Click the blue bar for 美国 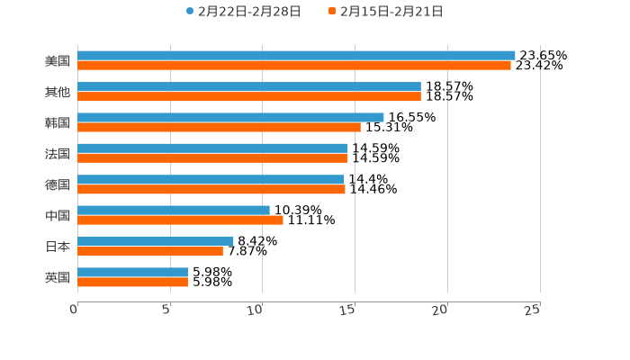296,56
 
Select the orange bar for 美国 294,66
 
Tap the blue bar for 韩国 230,117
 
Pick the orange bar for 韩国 219,127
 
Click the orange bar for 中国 180,220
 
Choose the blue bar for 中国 174,210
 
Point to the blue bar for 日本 156,241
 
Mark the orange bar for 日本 150,251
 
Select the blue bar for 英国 132,272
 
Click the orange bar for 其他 249,96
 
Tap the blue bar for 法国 212,148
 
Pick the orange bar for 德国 211,189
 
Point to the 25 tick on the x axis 533,310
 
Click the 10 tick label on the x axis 256,310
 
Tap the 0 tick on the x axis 74,310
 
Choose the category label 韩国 58,122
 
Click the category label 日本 58,246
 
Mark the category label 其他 58,92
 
